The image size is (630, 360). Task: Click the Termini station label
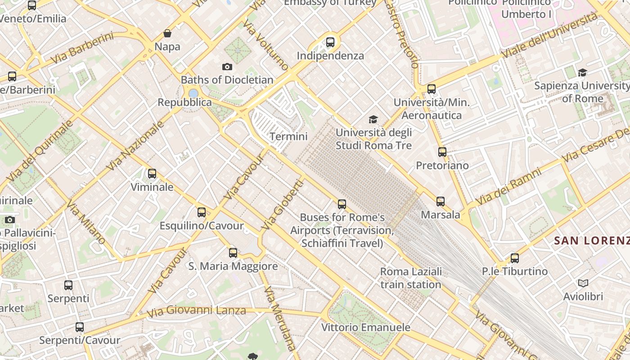point(288,136)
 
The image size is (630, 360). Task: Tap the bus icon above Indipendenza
point(330,42)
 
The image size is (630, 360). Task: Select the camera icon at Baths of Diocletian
point(227,67)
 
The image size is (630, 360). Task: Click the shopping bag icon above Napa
point(167,33)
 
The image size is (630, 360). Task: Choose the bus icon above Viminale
point(152,173)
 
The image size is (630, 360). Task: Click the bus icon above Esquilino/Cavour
point(202,212)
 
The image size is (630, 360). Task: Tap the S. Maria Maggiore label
point(233,266)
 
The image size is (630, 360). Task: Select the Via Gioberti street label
point(283,205)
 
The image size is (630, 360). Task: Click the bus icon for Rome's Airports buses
point(342,204)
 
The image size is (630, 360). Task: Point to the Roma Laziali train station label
point(411,278)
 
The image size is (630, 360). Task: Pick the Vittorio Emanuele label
point(365,327)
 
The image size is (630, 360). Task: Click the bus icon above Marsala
point(441,201)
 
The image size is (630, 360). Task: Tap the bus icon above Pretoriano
point(442,152)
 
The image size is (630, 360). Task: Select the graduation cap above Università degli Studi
point(373,119)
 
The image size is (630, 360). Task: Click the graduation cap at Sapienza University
point(583,72)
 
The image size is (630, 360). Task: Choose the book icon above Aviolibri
point(583,283)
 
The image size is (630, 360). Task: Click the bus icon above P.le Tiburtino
point(515,258)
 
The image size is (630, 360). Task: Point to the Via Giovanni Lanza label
point(196,310)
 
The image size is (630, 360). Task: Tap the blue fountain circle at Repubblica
point(193,93)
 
